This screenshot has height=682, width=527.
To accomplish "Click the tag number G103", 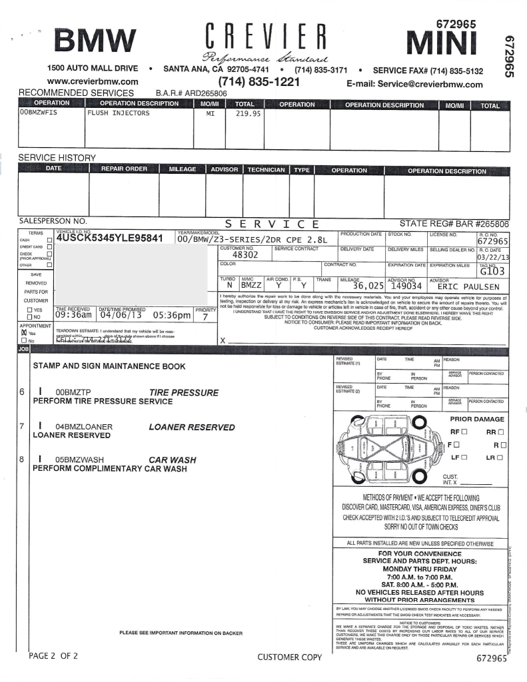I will (492, 271).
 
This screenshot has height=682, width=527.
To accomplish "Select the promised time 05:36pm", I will (172, 316).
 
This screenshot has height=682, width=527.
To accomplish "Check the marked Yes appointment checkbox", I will (23, 332).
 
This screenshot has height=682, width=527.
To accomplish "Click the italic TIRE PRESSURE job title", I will (184, 393).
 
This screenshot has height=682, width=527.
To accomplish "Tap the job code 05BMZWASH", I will (84, 459).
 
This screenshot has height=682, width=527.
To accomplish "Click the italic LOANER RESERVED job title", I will (192, 427).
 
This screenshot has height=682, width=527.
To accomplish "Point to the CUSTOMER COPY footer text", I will (289, 657).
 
